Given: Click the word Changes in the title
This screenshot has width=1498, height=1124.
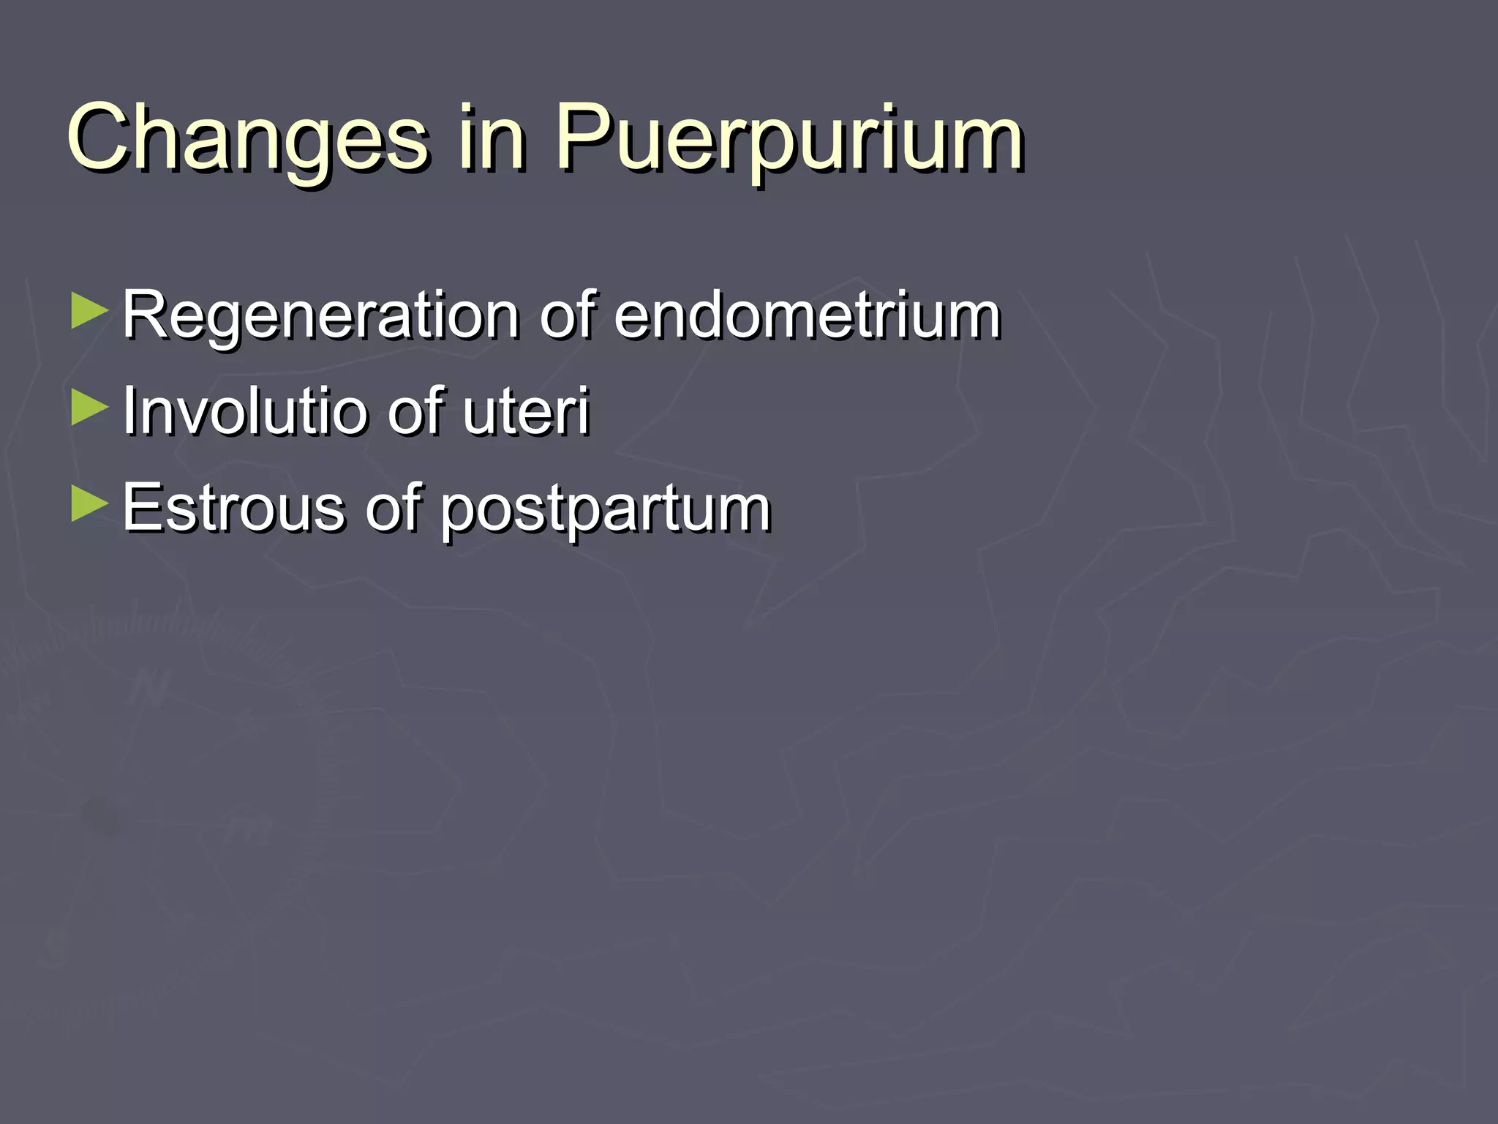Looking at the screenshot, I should [x=247, y=139].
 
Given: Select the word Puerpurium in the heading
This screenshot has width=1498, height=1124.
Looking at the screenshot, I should [x=788, y=139].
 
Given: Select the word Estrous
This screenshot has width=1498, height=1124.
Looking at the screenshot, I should [x=233, y=507].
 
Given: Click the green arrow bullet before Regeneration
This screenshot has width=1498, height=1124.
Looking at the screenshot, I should [x=89, y=312].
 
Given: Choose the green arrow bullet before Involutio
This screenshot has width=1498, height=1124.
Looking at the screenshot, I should [x=89, y=408].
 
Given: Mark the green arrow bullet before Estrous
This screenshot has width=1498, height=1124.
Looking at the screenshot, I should [x=89, y=504].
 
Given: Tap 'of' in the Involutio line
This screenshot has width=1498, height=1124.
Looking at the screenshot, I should [x=415, y=411].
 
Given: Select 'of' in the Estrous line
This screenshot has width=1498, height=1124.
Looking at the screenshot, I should [x=393, y=507].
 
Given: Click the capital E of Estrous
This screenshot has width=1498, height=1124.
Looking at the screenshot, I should [x=141, y=507].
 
